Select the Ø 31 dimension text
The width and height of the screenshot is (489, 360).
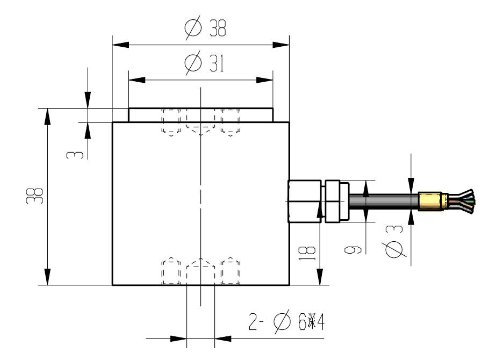pyautogui.click(x=204, y=64)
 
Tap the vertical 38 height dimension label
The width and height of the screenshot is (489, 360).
pyautogui.click(x=36, y=196)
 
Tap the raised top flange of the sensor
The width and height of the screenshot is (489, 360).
pyautogui.click(x=200, y=115)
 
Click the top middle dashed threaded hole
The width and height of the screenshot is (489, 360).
pyautogui.click(x=200, y=123)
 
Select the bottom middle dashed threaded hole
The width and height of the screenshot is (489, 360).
pyautogui.click(x=200, y=272)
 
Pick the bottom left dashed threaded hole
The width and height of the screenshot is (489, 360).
pyautogui.click(x=171, y=272)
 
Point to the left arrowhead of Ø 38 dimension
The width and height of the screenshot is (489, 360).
pyautogui.click(x=119, y=44)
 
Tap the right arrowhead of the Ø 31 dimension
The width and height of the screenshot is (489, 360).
pyautogui.click(x=265, y=80)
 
